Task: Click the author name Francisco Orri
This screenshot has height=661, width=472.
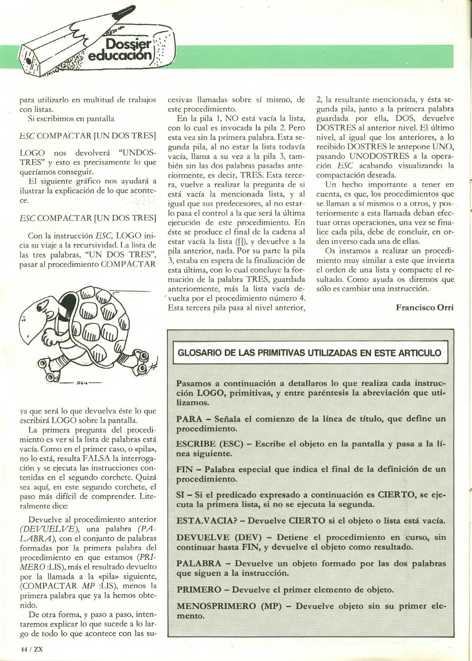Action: pos(424,307)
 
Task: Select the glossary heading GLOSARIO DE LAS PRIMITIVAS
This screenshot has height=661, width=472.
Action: pos(309,353)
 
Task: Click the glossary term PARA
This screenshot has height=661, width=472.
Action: pos(189,419)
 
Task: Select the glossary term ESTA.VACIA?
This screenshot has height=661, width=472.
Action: pos(206,520)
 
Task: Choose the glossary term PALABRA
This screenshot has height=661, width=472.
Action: pos(199,563)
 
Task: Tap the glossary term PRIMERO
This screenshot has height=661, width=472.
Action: pos(199,590)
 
